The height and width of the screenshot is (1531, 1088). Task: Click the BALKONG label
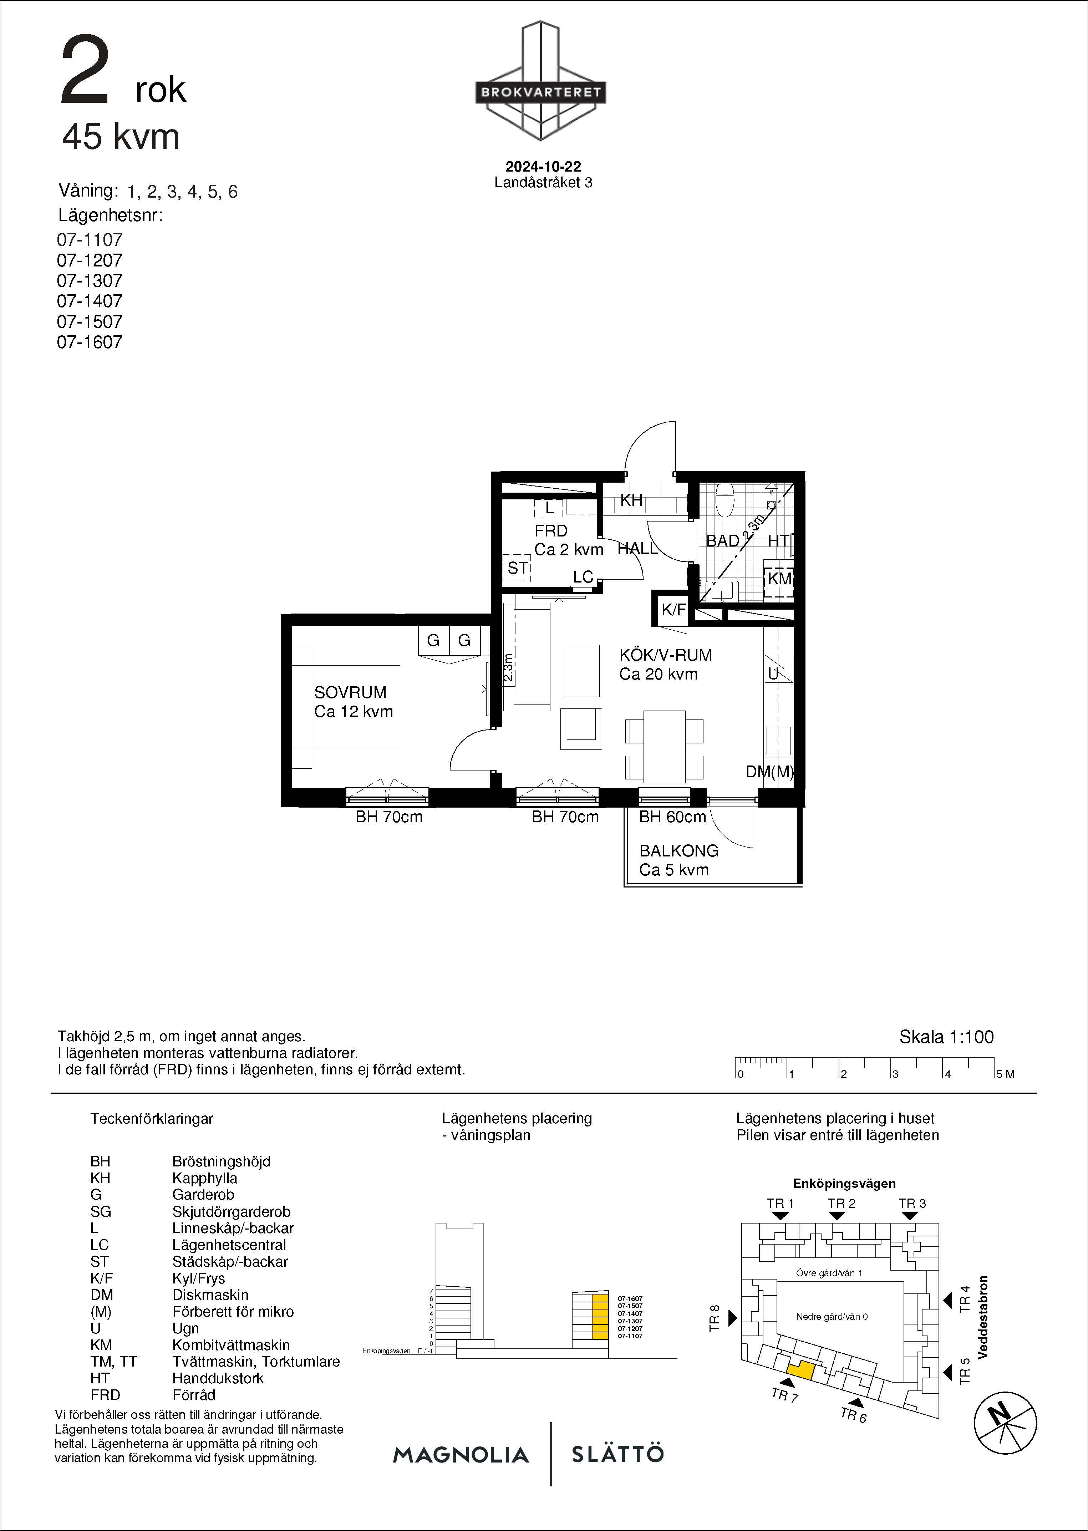[678, 850]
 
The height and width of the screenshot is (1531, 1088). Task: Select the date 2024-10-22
[543, 166]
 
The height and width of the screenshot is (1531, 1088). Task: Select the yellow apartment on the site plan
[800, 1370]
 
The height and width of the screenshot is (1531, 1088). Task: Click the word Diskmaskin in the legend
[210, 1295]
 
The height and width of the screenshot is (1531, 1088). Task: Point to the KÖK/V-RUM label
[665, 655]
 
